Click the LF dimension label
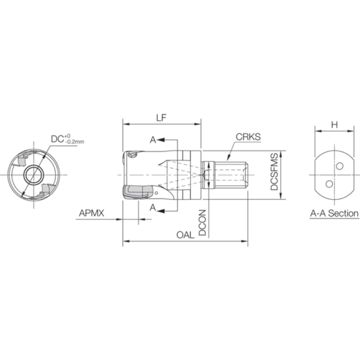pyautogui.click(x=161, y=118)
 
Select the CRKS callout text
pyautogui.click(x=248, y=137)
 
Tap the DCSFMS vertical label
pyautogui.click(x=274, y=172)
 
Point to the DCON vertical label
pyautogui.click(x=202, y=222)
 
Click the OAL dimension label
pyautogui.click(x=185, y=235)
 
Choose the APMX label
pyautogui.click(x=91, y=213)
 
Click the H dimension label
pyautogui.click(x=334, y=125)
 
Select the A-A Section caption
pyautogui.click(x=334, y=213)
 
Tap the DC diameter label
pyautogui.click(x=57, y=139)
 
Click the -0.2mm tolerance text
pyautogui.click(x=75, y=142)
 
